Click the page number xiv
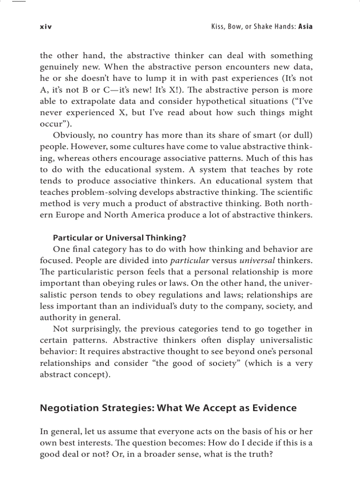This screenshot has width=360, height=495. (x=46, y=26)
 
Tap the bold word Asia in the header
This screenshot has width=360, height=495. (x=305, y=26)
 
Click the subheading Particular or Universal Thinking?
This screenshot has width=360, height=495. (x=120, y=238)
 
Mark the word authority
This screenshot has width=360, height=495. (x=57, y=318)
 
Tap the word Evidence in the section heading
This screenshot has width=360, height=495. (x=274, y=408)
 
